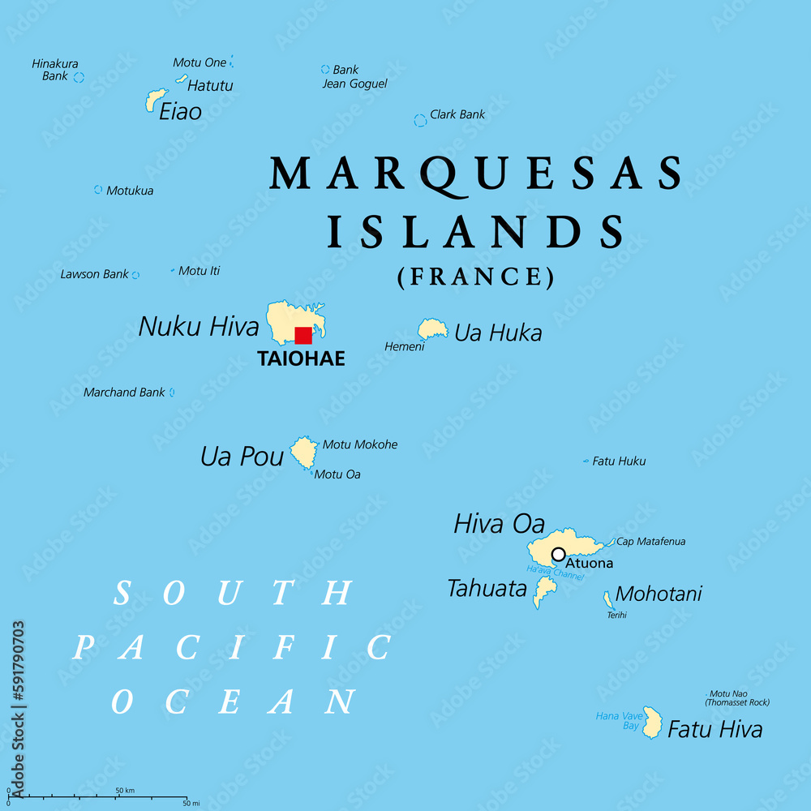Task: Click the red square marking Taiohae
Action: pos(303,336)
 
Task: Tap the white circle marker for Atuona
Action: pos(558,554)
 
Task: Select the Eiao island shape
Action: pos(154,100)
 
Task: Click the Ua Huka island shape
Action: pos(432,328)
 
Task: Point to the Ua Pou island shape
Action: pos(304,452)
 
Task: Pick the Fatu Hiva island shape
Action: pos(652,722)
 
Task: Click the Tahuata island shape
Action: pos(544,591)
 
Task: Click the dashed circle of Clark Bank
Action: pos(420,120)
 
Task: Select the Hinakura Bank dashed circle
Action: pos(79,77)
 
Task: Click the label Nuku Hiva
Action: pos(199,326)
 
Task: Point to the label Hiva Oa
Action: pos(499,524)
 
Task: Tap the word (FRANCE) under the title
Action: pos(476,277)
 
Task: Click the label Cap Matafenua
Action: pos(650,541)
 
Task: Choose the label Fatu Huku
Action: pos(619,461)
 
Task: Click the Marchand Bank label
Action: pos(124,393)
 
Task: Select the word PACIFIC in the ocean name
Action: pos(232,648)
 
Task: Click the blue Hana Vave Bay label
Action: pos(618,721)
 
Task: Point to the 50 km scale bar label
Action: pos(124,790)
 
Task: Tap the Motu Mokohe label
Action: pos(360,444)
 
